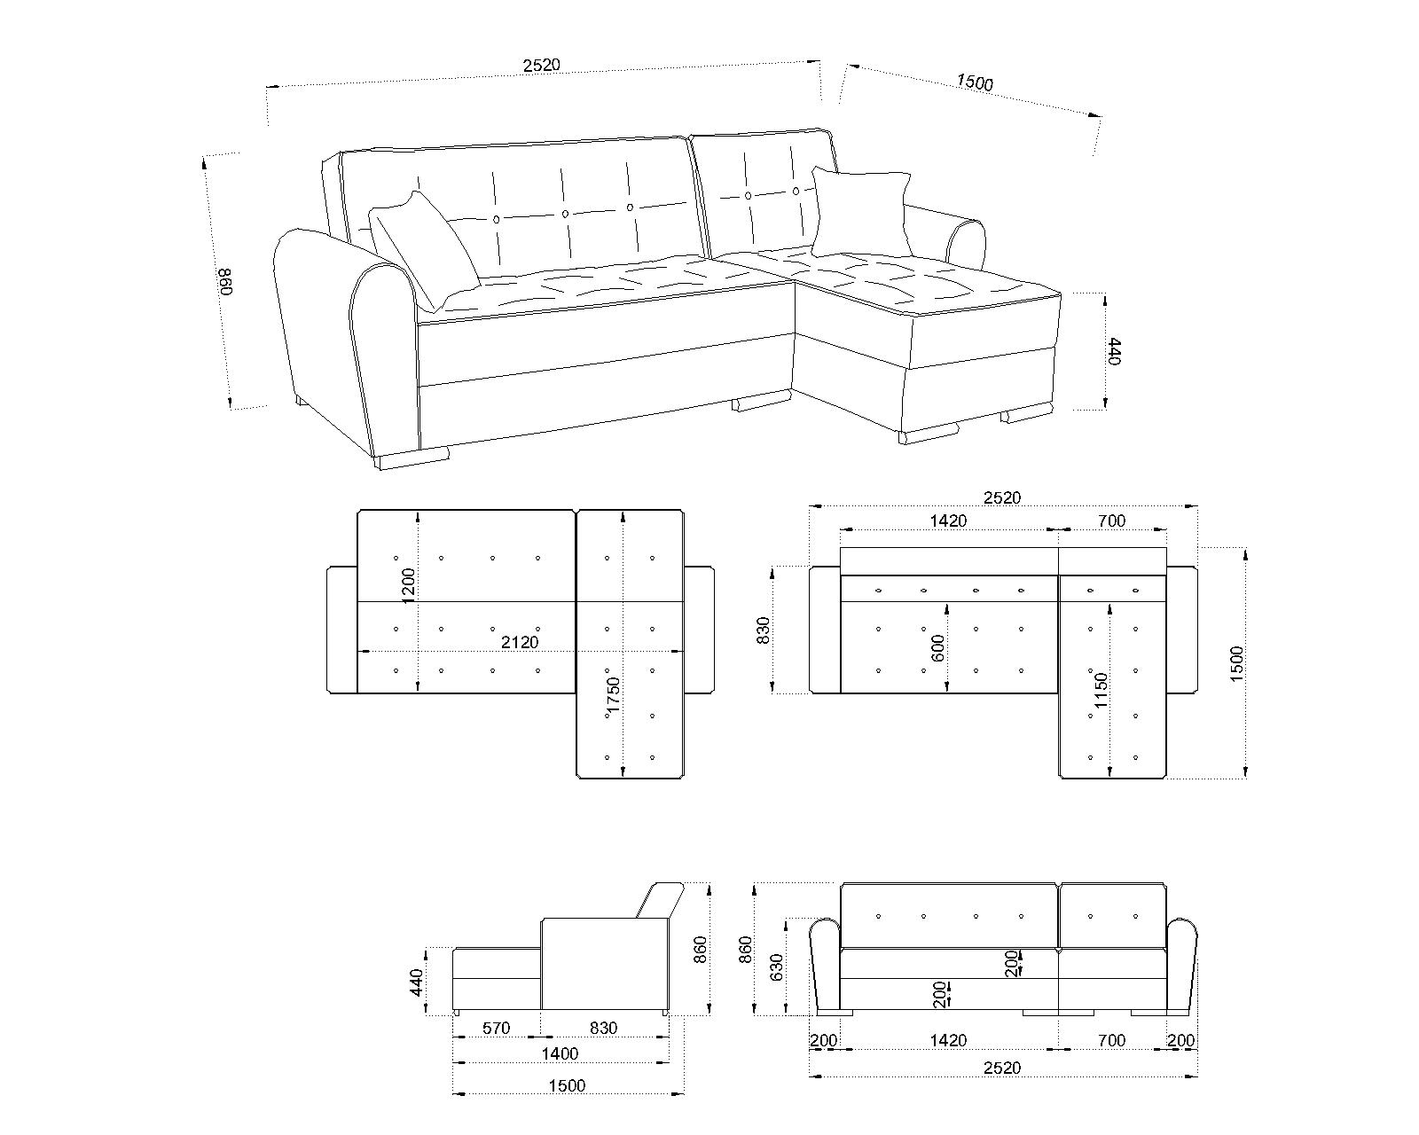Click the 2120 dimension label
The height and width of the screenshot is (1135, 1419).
point(520,642)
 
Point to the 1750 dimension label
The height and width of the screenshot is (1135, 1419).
point(613,695)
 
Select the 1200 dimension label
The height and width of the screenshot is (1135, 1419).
point(408,585)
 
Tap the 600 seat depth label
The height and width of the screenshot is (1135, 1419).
point(937,648)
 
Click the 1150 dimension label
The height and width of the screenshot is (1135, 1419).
point(1101,691)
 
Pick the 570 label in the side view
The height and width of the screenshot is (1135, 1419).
point(496,1029)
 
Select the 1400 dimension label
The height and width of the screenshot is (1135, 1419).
point(560,1054)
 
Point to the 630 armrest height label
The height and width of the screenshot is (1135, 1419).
point(776,967)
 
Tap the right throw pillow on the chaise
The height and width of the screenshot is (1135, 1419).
point(861,212)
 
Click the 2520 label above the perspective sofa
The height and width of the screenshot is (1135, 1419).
point(541,66)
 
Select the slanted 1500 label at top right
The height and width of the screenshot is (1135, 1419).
point(975,82)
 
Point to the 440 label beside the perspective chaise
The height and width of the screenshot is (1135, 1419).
point(1114,351)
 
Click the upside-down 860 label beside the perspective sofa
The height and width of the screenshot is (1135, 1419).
point(226,282)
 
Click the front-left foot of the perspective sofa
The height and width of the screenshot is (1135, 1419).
point(412,459)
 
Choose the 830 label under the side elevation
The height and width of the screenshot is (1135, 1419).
point(603,1029)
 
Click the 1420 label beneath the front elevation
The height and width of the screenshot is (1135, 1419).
point(948,1041)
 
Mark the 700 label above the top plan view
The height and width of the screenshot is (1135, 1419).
point(1112,521)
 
